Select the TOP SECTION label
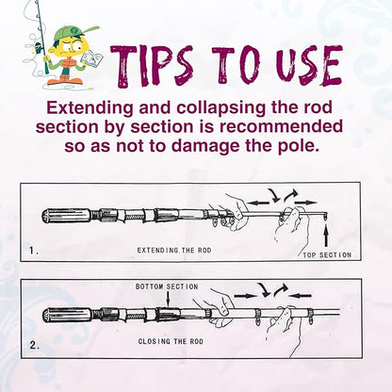[x=327, y=254]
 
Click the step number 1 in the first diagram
[x=35, y=252]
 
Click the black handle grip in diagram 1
[x=66, y=216]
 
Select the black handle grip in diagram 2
[x=66, y=315]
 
